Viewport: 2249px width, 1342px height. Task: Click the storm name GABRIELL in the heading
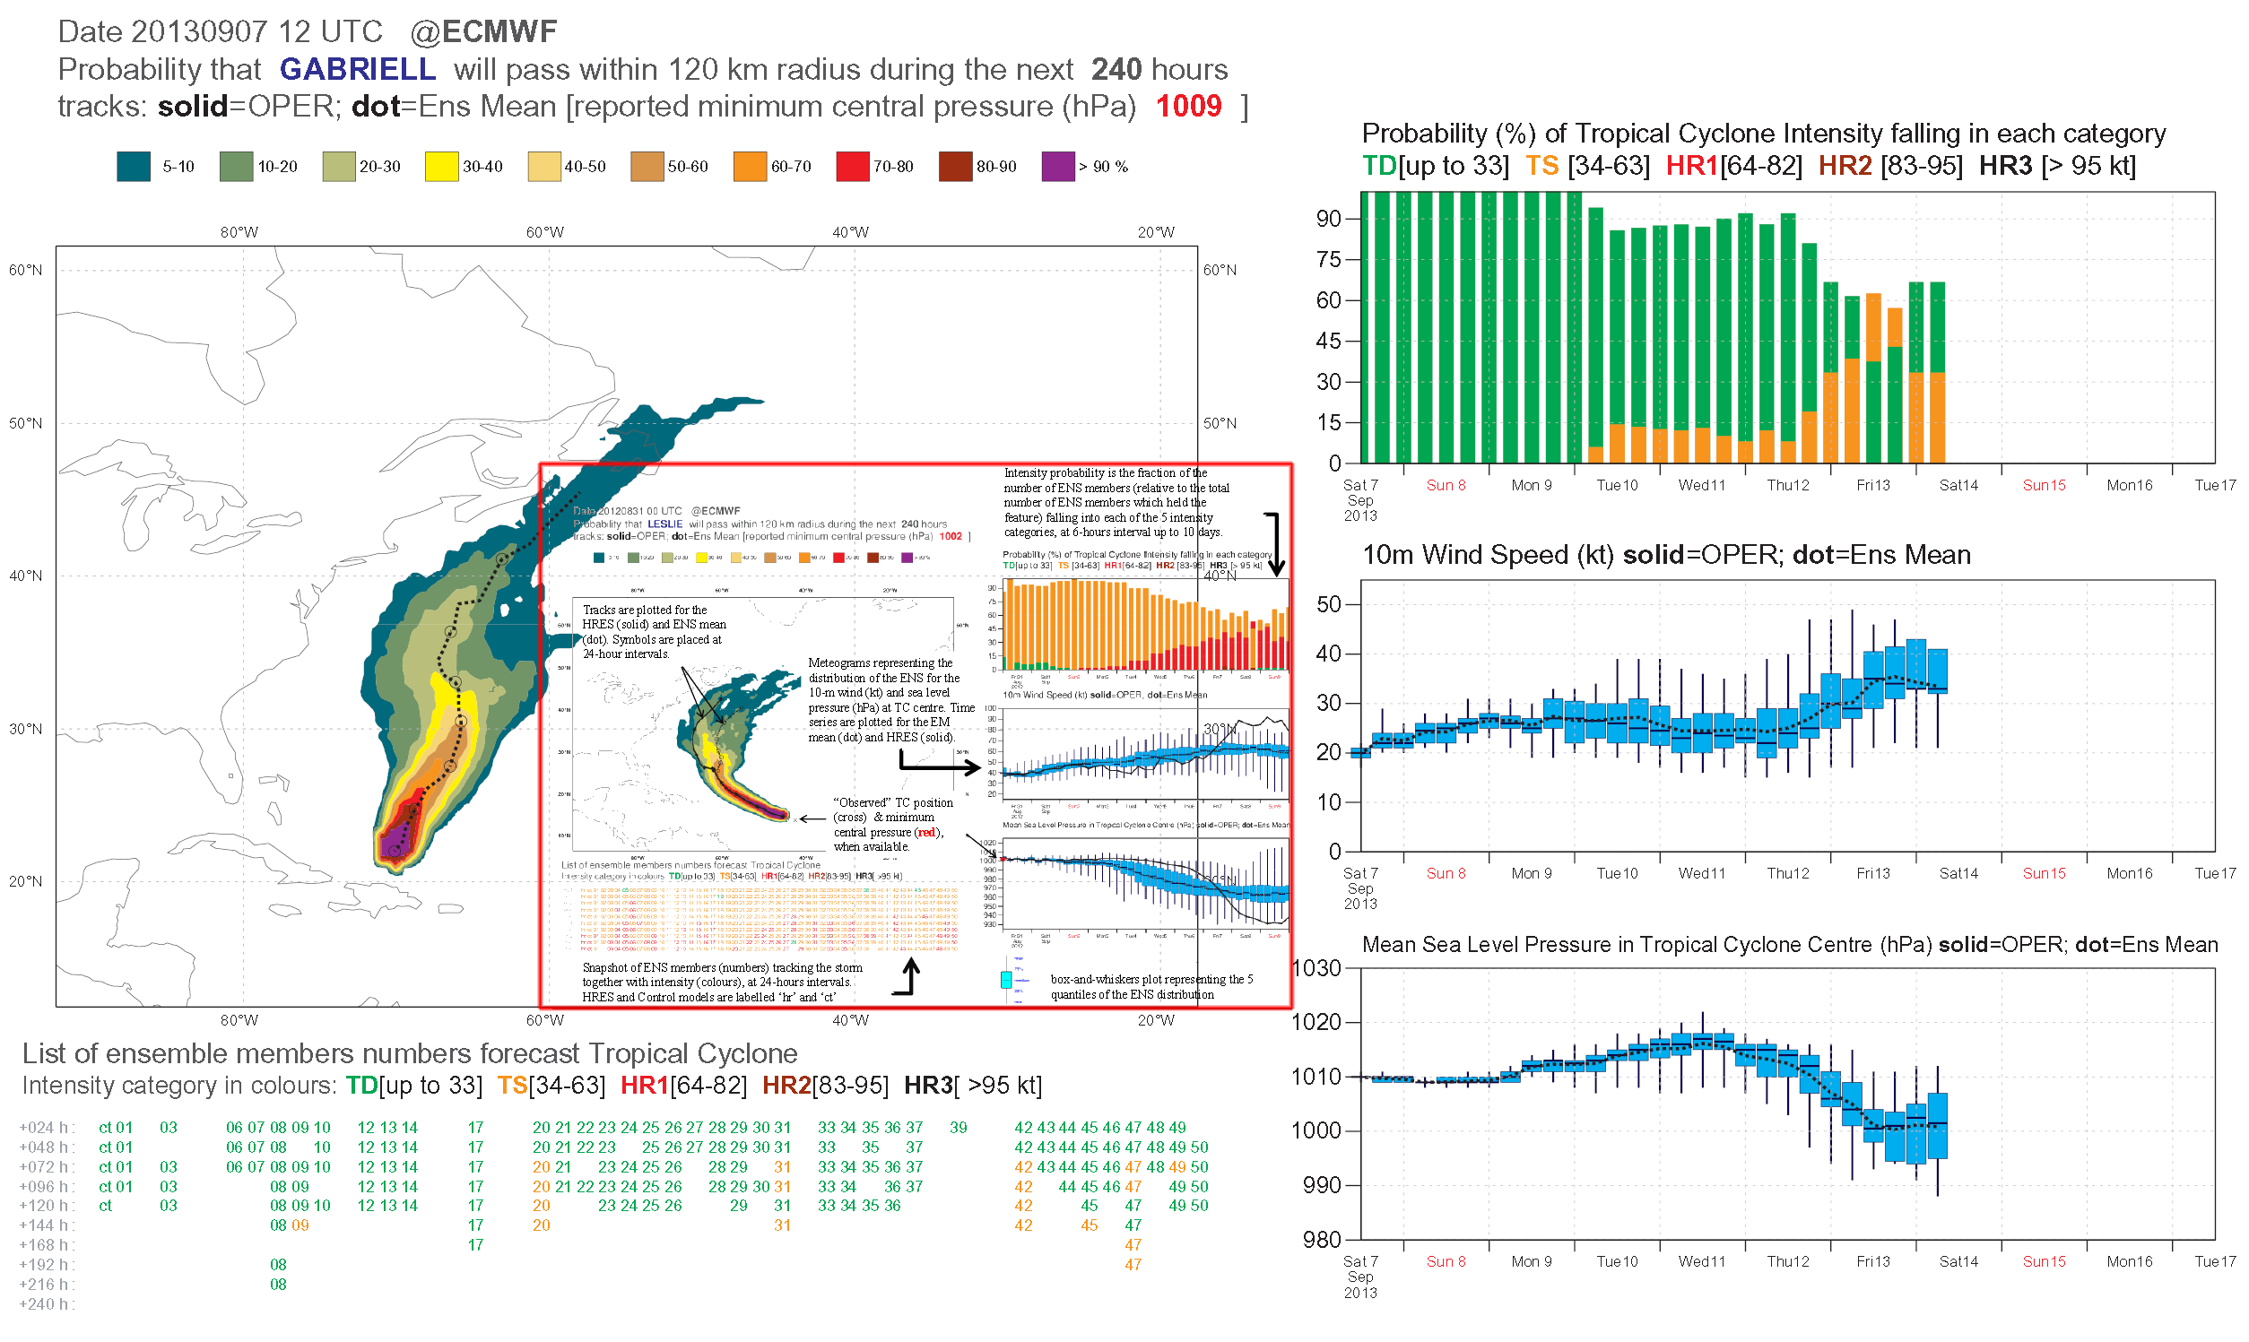point(357,69)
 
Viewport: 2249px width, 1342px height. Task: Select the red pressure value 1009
point(1188,107)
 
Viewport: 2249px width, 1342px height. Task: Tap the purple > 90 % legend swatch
point(1058,167)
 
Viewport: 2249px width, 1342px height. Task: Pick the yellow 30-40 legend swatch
point(441,167)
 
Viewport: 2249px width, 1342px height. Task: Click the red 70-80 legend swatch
point(852,167)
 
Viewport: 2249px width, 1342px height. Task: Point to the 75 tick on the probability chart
point(1328,260)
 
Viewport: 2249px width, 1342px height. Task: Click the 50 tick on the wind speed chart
point(1328,604)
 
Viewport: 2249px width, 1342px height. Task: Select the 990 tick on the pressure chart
point(1321,1185)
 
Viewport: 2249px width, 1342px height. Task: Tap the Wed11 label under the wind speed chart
point(1702,873)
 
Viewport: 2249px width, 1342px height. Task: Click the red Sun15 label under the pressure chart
point(2044,1261)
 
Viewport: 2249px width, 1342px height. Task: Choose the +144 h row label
point(46,1225)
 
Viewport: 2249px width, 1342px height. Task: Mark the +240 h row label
point(46,1304)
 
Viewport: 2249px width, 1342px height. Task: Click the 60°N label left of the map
point(25,270)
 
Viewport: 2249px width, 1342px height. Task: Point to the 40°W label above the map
point(850,232)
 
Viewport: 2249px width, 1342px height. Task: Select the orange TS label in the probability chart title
point(1541,167)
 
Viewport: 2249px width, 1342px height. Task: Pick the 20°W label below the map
point(1156,1021)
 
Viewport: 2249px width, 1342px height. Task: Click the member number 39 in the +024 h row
point(959,1128)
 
